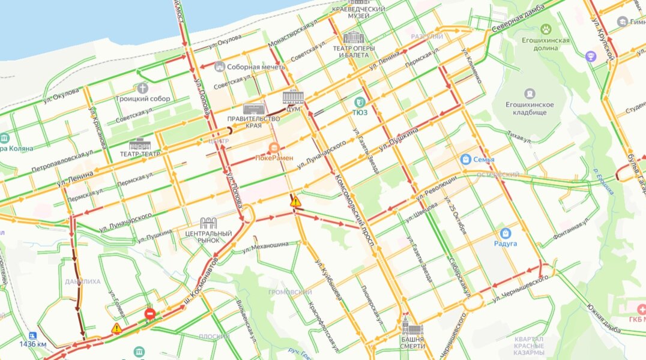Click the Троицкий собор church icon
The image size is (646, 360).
(142, 88)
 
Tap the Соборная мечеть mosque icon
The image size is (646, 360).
(219, 67)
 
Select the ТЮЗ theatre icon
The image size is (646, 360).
(360, 102)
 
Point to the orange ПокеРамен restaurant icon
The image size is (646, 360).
(274, 148)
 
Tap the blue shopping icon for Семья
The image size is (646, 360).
(465, 159)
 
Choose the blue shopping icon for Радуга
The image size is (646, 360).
(505, 233)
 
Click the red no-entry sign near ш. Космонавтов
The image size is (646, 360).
(150, 313)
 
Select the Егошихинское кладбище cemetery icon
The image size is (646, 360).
(529, 94)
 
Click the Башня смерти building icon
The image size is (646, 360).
(413, 328)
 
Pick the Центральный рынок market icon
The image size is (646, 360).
(208, 223)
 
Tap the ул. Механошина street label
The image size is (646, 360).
(268, 245)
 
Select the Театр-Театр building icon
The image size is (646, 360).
(140, 145)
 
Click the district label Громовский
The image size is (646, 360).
(289, 292)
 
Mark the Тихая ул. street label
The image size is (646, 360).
(519, 137)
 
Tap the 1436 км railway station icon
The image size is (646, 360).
(32, 336)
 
